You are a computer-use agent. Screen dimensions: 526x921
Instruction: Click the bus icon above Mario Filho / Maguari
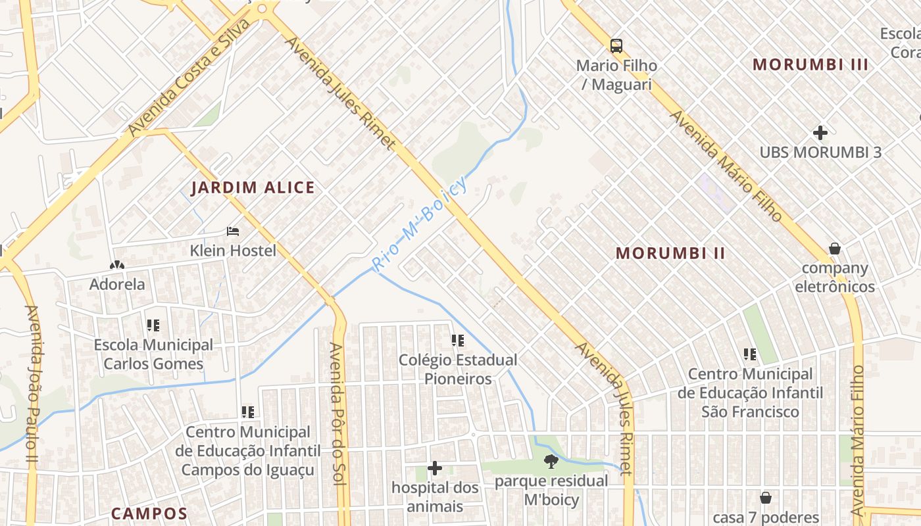(x=616, y=46)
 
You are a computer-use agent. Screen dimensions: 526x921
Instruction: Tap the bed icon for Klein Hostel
(x=233, y=231)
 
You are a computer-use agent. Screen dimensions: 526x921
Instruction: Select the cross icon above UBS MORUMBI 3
(x=820, y=133)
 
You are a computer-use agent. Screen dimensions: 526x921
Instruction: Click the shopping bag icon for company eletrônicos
(x=834, y=249)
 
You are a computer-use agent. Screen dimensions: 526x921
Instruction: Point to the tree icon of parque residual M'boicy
(x=551, y=462)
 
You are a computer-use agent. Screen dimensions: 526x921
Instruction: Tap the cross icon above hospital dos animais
(x=435, y=468)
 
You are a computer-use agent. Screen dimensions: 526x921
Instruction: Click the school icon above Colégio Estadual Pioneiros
(x=457, y=341)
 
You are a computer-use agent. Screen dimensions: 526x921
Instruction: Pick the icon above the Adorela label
(x=117, y=266)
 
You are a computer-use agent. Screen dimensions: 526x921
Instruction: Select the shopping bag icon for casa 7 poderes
(x=765, y=498)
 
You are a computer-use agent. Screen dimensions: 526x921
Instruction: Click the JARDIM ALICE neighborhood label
(x=253, y=188)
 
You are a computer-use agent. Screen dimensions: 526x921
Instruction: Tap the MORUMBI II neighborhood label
(x=670, y=253)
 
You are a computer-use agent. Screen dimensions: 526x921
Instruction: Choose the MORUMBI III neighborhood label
(x=810, y=64)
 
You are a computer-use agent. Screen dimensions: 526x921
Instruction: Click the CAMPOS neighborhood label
(x=149, y=514)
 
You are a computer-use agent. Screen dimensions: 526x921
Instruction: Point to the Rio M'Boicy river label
(x=419, y=224)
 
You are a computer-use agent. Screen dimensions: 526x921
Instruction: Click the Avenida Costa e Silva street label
(x=189, y=78)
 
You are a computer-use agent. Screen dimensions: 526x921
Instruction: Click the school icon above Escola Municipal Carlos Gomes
(x=153, y=325)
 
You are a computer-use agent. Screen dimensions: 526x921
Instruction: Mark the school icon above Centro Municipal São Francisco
(x=749, y=355)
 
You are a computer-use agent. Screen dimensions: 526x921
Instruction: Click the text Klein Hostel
(x=233, y=251)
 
